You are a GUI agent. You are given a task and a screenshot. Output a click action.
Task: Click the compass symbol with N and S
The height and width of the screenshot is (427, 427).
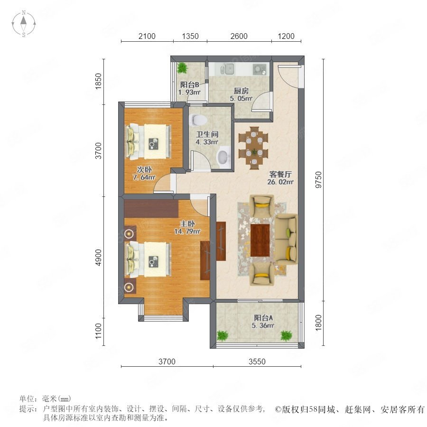click(24, 24)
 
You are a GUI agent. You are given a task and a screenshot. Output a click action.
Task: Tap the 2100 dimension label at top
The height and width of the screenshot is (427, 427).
click(147, 36)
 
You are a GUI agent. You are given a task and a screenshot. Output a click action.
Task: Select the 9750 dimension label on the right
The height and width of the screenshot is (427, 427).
click(318, 179)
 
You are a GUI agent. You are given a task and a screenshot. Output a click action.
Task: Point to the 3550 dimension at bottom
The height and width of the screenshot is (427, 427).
click(257, 362)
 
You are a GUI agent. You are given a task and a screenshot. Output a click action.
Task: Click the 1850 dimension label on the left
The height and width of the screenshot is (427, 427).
click(98, 81)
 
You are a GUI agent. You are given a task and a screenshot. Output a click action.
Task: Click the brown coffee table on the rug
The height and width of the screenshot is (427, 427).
click(260, 240)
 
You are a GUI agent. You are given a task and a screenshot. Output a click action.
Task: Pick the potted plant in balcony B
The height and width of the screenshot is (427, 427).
click(182, 67)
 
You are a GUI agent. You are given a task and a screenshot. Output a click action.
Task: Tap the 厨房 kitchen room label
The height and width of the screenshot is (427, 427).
click(241, 91)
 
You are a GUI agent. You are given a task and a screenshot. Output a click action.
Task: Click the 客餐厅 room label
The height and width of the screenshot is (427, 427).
click(280, 174)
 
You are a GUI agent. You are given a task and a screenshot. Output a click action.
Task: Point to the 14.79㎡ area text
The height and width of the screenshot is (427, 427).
click(187, 232)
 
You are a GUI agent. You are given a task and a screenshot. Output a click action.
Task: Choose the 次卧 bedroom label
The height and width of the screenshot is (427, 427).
click(144, 169)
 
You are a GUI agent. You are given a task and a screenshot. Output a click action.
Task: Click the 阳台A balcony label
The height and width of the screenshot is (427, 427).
click(263, 317)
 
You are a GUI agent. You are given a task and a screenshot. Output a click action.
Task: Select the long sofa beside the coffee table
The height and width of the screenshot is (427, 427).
click(286, 240)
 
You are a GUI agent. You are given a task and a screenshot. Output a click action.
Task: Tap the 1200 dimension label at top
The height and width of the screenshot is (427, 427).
click(286, 36)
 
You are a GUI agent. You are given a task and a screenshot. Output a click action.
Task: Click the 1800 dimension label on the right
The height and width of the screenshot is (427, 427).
click(318, 323)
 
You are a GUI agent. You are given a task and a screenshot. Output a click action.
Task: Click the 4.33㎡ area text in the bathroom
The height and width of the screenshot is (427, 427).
click(207, 142)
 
